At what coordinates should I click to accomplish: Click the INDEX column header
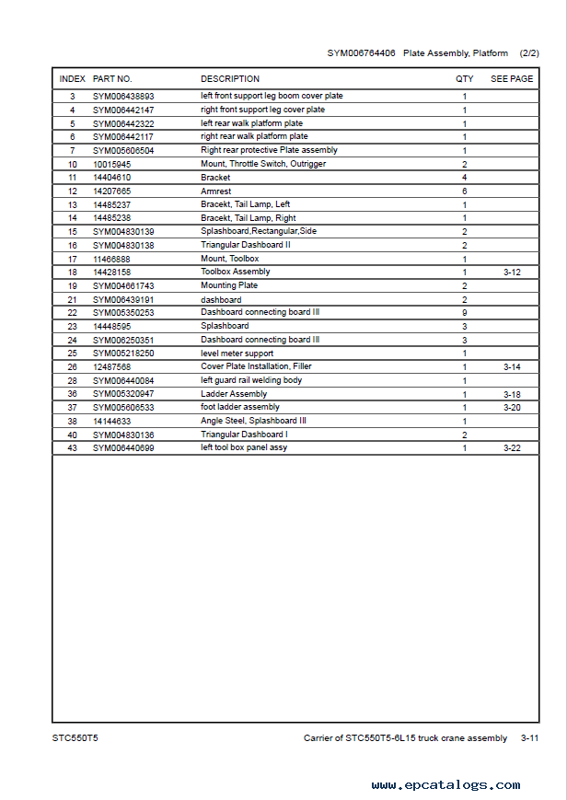click(73, 79)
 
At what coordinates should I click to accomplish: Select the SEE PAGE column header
click(512, 79)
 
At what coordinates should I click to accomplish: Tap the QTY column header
click(465, 79)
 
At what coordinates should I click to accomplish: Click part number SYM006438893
click(123, 97)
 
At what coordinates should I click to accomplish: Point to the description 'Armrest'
click(216, 191)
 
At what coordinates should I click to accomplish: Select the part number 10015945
click(111, 164)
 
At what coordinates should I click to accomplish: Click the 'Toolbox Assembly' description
click(236, 272)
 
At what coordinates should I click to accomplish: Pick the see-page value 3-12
click(512, 272)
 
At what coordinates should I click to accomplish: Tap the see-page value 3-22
click(512, 448)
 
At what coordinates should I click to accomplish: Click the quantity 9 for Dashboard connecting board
click(465, 313)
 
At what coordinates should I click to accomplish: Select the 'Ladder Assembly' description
click(234, 394)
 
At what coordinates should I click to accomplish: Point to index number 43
click(73, 448)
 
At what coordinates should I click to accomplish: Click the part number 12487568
click(111, 366)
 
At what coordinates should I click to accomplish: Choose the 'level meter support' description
click(237, 354)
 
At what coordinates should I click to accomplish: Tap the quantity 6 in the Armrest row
click(465, 191)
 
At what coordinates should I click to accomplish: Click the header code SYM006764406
click(362, 53)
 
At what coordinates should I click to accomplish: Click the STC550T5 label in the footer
click(74, 738)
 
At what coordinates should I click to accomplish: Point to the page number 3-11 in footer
click(530, 738)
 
